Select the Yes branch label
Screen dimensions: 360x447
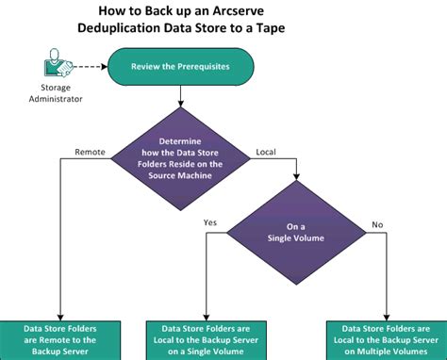pos(211,222)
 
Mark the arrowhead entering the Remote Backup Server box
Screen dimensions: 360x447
pos(60,317)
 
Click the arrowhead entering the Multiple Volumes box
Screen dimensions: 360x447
pos(388,317)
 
